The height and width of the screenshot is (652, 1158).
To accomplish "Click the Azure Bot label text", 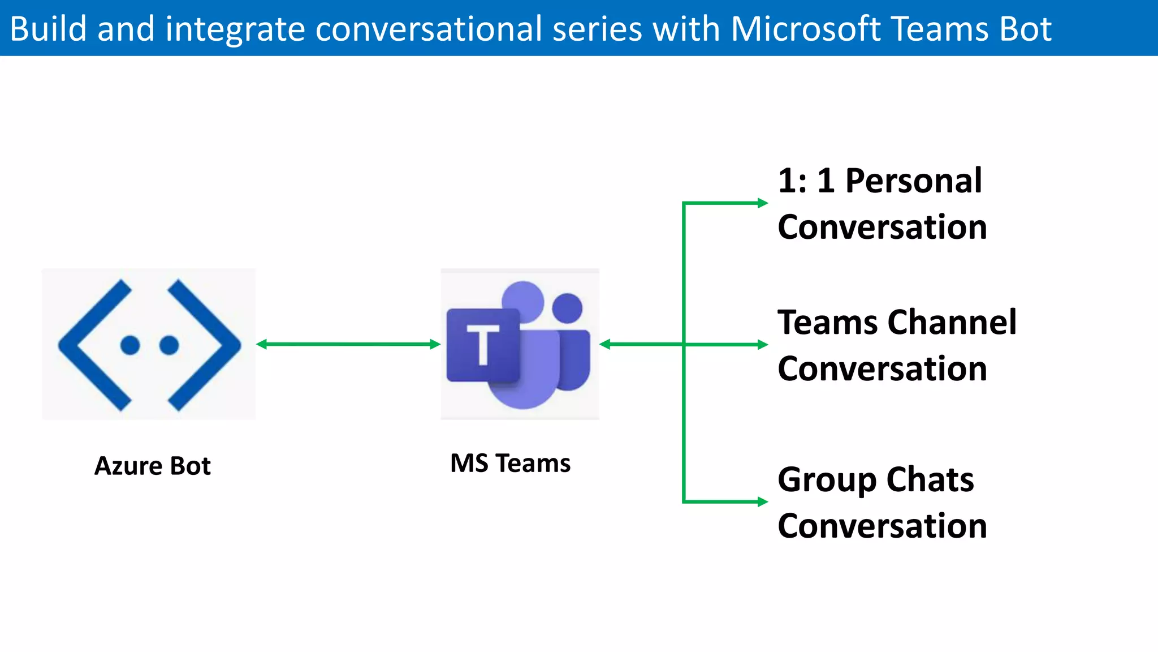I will point(152,466).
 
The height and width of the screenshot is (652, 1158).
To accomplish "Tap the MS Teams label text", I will point(510,464).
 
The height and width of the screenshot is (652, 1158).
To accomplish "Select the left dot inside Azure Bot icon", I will point(130,345).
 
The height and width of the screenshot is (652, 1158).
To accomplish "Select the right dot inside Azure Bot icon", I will point(169,345).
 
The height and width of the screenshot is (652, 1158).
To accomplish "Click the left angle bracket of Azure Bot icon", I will point(93,345).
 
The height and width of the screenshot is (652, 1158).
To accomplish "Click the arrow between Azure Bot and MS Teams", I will point(348,344).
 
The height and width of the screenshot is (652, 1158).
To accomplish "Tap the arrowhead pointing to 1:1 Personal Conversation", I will point(762,203).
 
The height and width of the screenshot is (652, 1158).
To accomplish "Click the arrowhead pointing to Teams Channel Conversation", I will point(762,344).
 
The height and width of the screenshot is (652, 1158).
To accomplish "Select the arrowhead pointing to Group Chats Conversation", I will point(762,501).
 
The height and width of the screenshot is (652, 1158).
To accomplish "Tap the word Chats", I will point(930,480).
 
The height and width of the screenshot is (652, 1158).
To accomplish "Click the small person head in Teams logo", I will point(567,308).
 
